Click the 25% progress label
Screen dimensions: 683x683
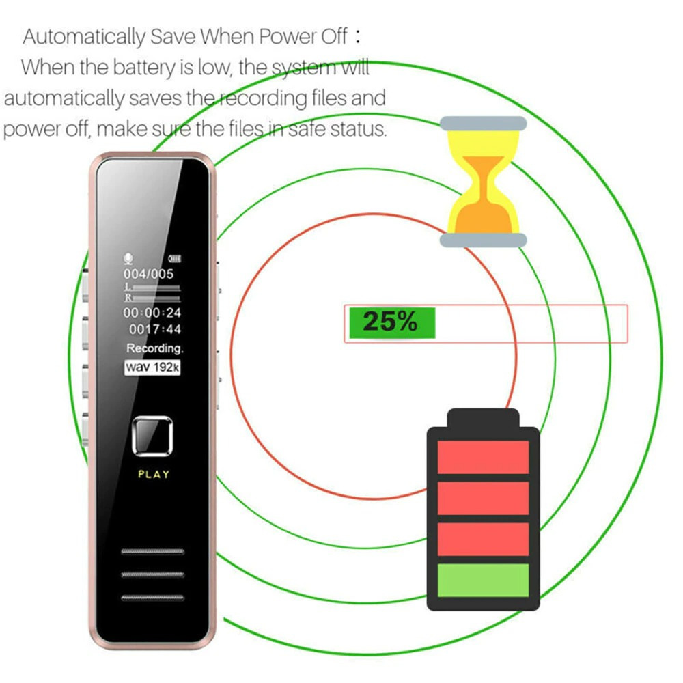390,322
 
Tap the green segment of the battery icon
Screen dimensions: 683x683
483,580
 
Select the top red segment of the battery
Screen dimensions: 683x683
483,457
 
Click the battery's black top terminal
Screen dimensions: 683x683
483,418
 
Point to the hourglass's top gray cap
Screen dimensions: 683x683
483,123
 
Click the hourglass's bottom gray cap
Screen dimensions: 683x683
483,240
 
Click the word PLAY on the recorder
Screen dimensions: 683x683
153,475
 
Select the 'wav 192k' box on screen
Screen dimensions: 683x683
152,367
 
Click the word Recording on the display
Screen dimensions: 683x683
154,348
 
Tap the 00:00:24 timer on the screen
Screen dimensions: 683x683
152,313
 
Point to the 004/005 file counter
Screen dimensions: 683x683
148,274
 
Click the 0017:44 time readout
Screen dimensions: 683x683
154,329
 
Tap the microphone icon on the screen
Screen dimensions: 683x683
128,259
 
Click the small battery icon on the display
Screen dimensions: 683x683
175,259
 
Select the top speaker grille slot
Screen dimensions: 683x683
152,551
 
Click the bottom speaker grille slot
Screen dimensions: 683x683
152,598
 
